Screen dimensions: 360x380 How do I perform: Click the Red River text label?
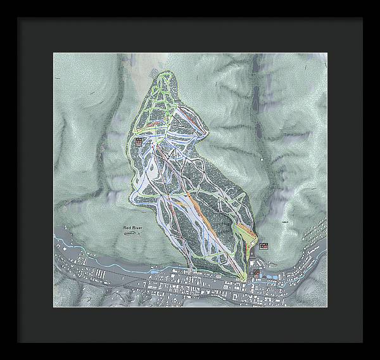(133, 226)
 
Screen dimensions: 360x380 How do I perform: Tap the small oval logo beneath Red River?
(130, 234)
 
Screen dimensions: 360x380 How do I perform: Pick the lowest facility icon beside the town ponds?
(256, 272)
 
